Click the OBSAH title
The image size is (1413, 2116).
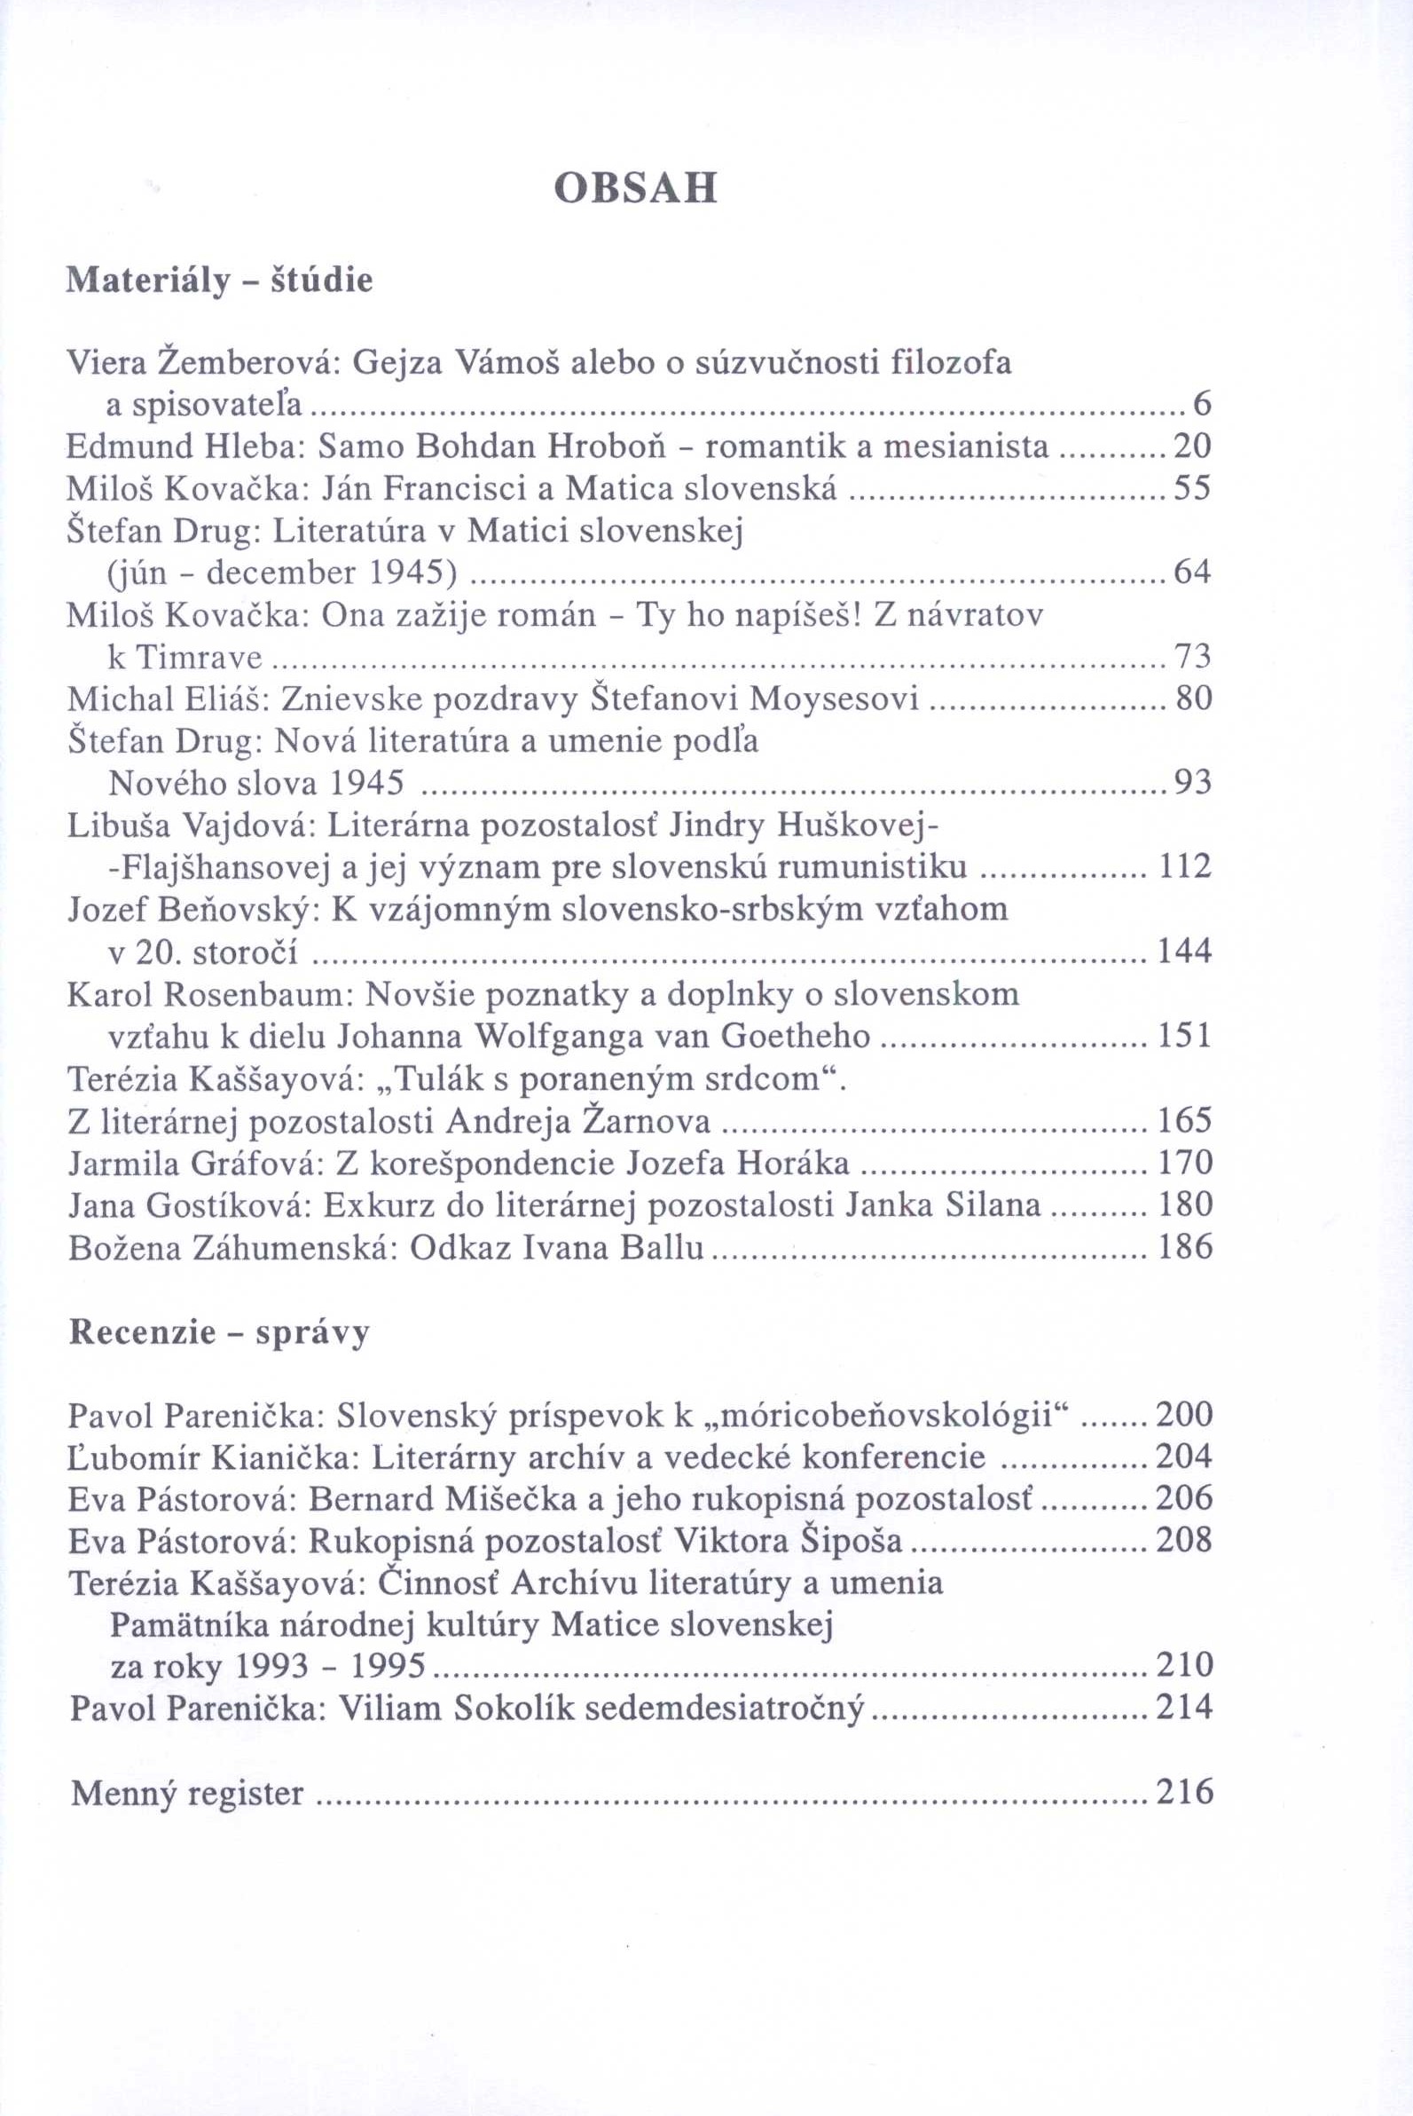(x=635, y=188)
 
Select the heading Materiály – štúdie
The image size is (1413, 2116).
(x=220, y=281)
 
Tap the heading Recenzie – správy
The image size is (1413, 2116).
(x=220, y=1331)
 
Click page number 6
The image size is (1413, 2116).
(x=1201, y=406)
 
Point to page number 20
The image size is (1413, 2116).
(x=1192, y=447)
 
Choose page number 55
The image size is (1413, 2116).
(x=1192, y=489)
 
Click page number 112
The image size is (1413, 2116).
(x=1185, y=867)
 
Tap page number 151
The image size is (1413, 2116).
(x=1185, y=1036)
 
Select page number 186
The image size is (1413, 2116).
(x=1185, y=1247)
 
